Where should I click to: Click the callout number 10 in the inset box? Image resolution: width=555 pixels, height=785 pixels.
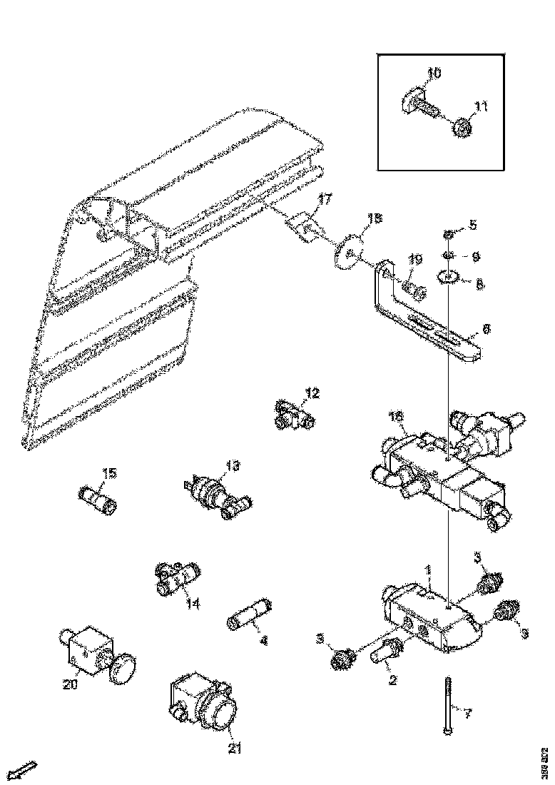point(434,73)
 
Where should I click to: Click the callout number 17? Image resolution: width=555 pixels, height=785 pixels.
point(325,201)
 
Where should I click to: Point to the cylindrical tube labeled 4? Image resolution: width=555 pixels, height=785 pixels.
point(249,613)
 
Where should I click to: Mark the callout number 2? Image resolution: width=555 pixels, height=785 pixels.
point(392,680)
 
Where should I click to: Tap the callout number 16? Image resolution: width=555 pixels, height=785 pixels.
point(396,416)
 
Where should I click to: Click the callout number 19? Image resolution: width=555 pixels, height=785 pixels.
point(416,258)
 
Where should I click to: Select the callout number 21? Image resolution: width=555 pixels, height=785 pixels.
point(235,748)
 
